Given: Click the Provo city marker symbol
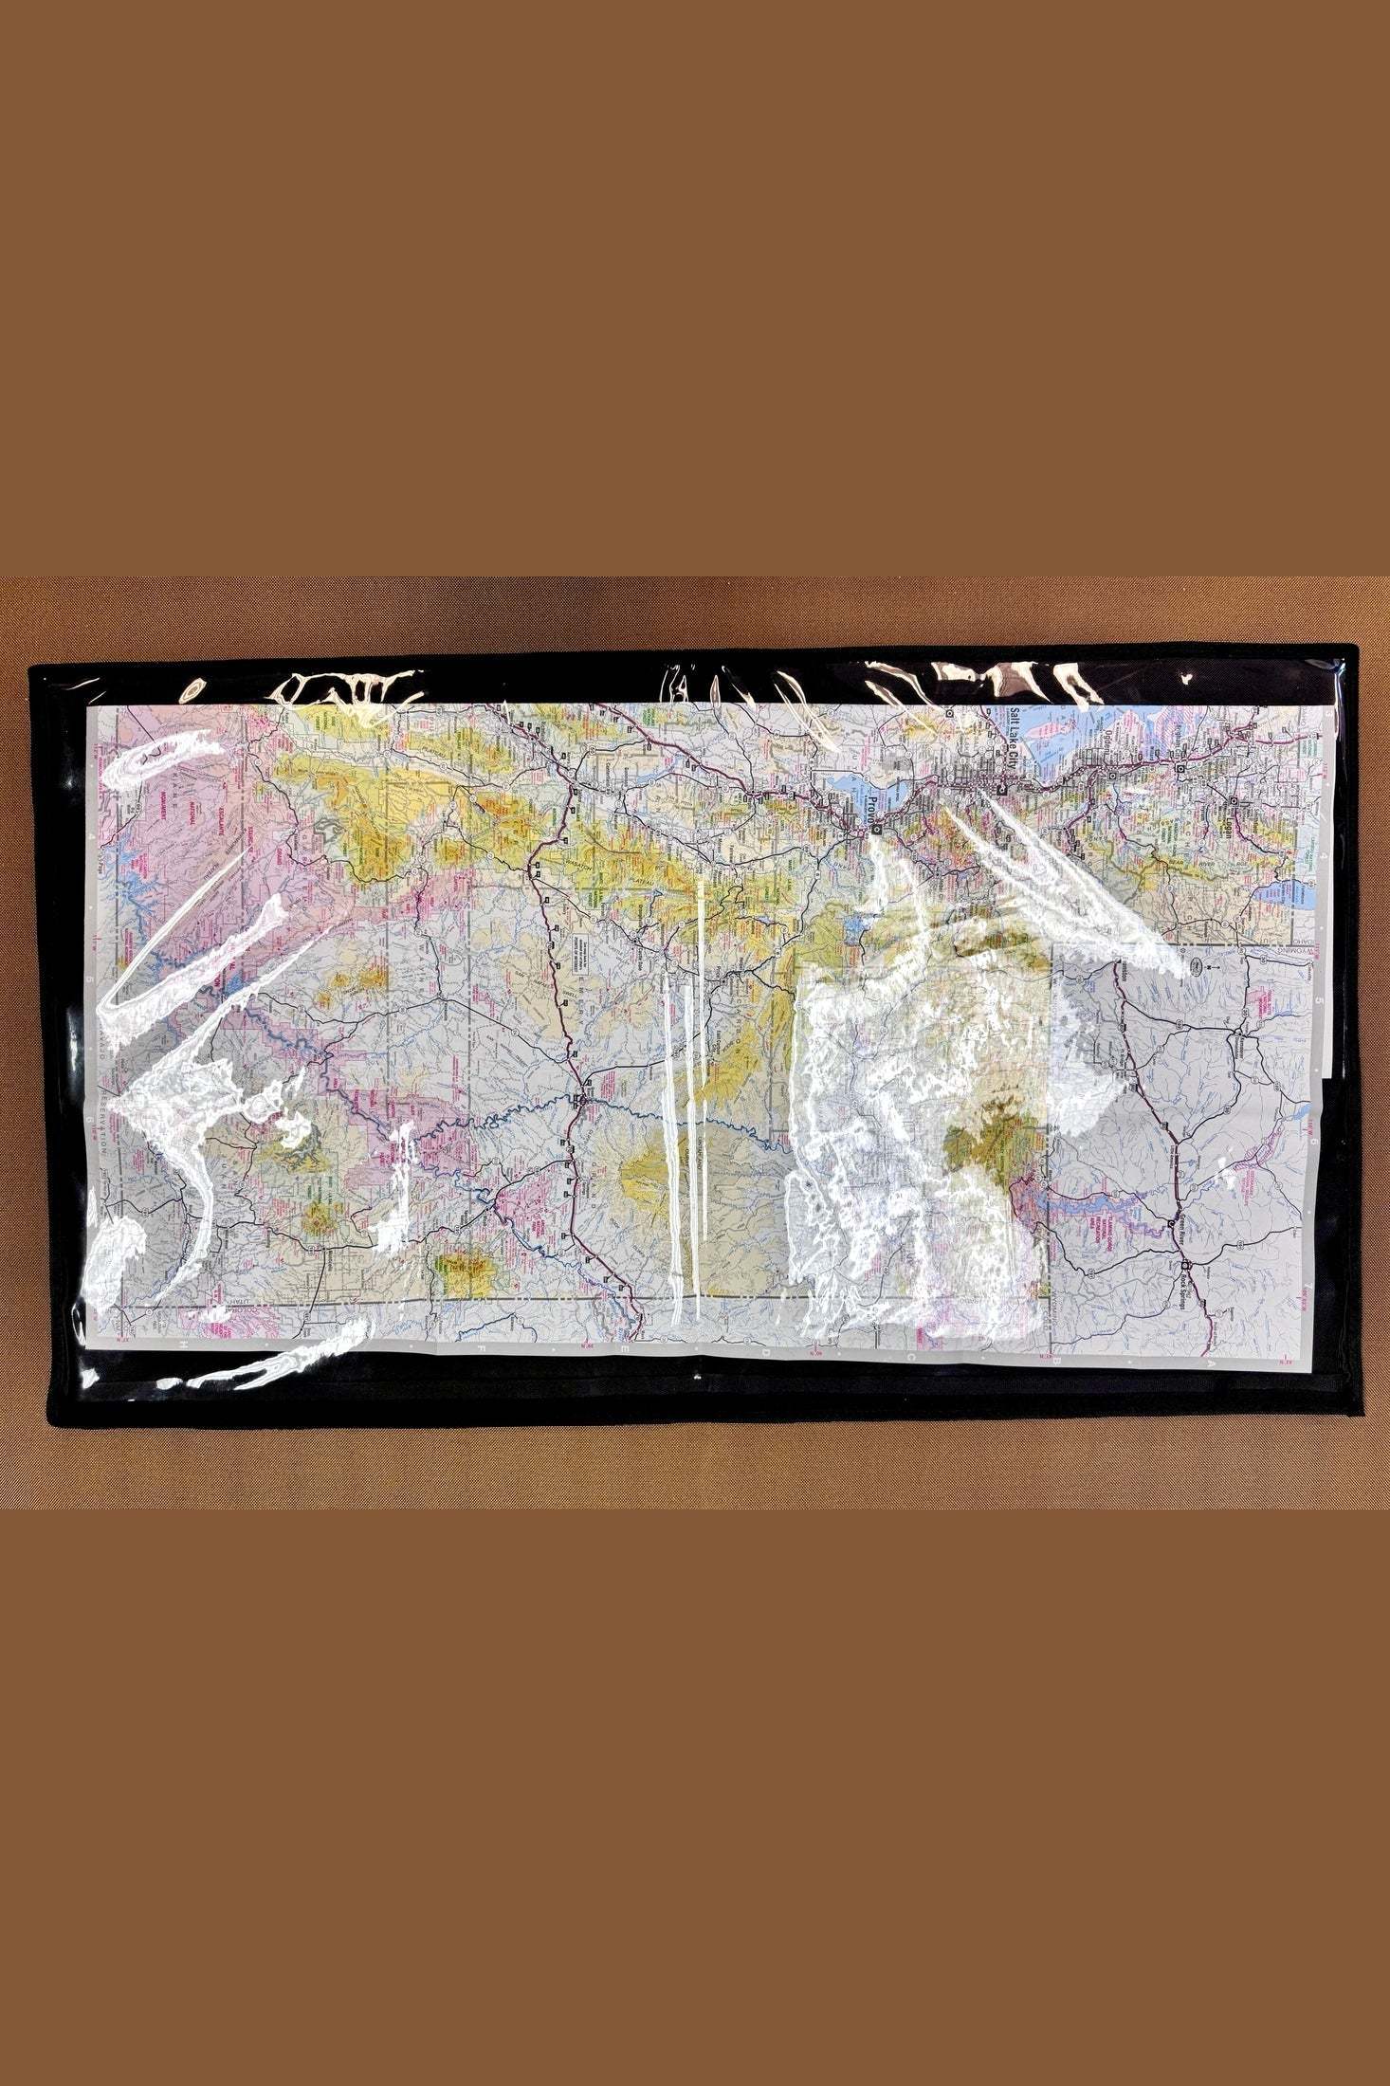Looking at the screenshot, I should (x=877, y=831).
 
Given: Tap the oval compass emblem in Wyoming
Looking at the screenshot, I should (x=1196, y=968).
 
